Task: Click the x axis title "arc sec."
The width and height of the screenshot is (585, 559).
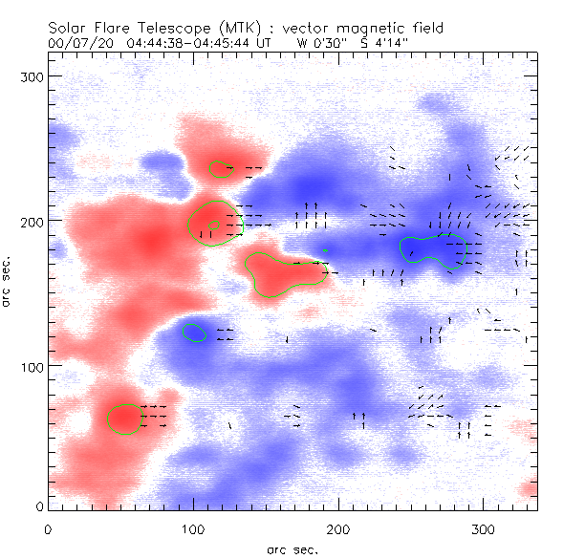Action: click(292, 549)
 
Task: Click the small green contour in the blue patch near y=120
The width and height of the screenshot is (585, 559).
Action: click(194, 333)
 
